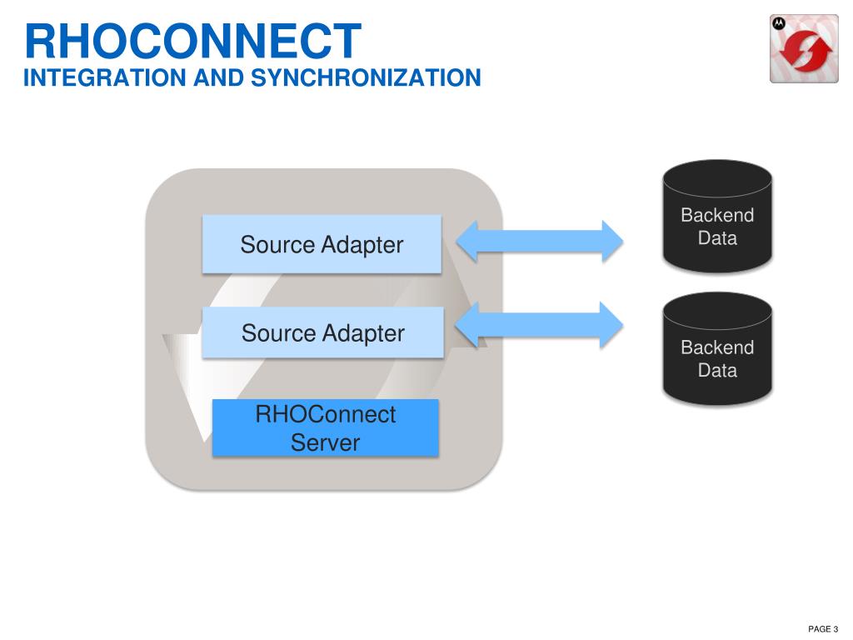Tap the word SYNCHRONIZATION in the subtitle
(366, 78)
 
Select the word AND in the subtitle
(220, 78)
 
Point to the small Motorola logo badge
(779, 24)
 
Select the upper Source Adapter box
(322, 244)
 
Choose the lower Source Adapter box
(322, 332)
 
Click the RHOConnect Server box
(325, 427)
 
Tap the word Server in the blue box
(325, 442)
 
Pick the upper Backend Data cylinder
(717, 217)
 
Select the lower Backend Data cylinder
(717, 348)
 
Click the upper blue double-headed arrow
(540, 241)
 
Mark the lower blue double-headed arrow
(540, 324)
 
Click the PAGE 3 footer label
(823, 628)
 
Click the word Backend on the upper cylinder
(717, 215)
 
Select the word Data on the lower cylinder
(717, 370)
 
